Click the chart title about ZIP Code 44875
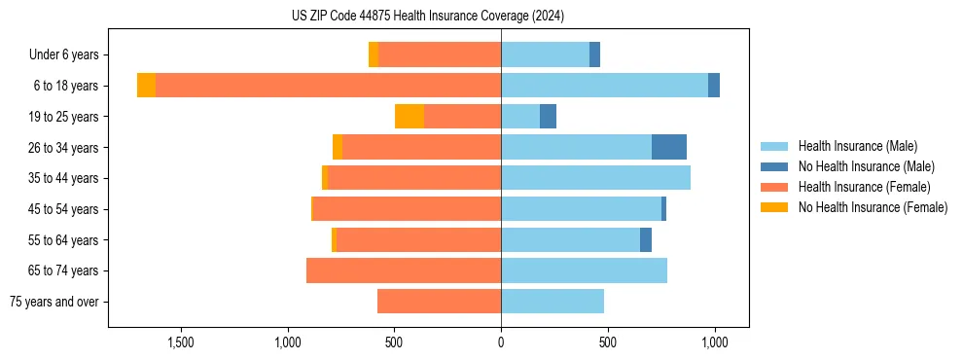point(428,17)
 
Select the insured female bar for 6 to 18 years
point(328,86)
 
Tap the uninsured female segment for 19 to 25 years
point(410,117)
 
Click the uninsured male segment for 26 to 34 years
point(669,147)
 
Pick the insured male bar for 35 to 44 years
point(595,178)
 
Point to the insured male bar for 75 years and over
point(553,302)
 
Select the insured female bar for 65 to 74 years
point(404,270)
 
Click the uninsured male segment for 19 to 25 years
point(548,117)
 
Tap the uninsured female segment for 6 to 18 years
point(146,86)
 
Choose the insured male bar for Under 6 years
point(545,54)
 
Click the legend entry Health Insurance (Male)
point(857,146)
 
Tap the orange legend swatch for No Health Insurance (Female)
point(774,207)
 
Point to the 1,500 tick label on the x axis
point(182,342)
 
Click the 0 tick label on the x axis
point(501,342)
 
